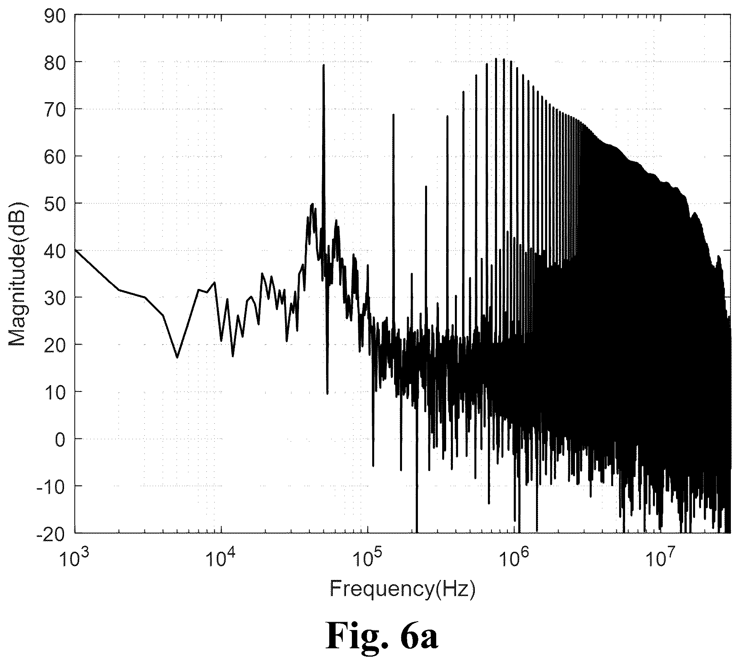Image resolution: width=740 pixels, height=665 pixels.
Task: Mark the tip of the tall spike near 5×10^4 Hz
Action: [324, 65]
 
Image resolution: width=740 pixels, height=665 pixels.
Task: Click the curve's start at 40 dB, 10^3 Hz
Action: [75, 250]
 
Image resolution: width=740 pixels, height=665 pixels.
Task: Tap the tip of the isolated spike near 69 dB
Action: [393, 114]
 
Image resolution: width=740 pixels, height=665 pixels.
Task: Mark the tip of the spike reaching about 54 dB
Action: [426, 186]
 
